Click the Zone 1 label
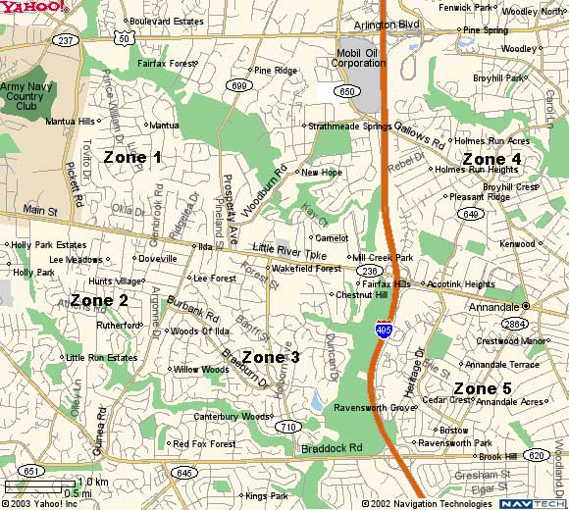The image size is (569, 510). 132,157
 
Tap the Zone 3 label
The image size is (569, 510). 270,357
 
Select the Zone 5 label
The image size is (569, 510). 482,389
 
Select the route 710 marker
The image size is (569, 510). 287,427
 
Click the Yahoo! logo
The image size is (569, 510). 34,9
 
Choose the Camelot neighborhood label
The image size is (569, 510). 331,237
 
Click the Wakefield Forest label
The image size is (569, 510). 306,268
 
